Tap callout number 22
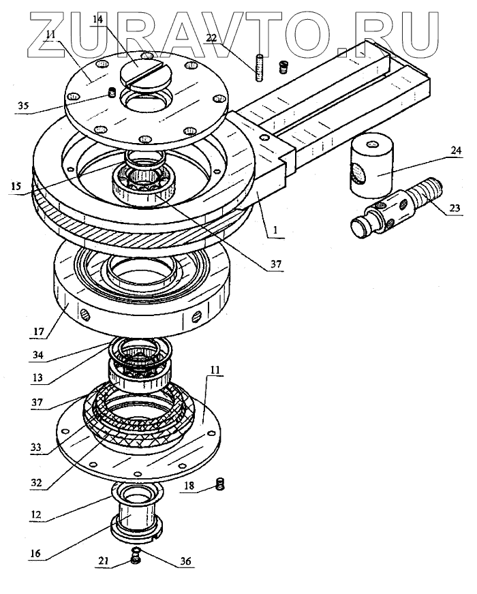[212, 39]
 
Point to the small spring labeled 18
[220, 484]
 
